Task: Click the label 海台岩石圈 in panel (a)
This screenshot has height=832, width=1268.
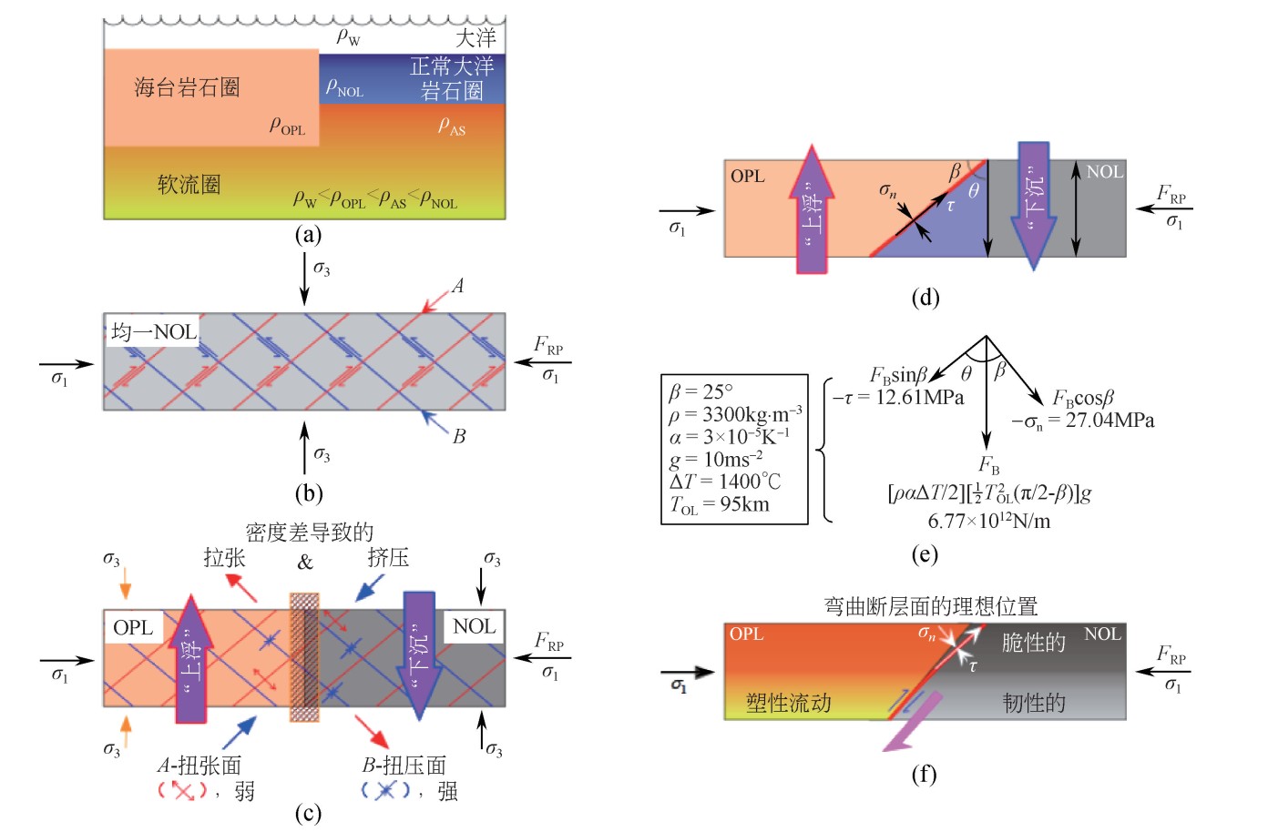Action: point(187,87)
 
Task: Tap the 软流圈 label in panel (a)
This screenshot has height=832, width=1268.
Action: point(189,185)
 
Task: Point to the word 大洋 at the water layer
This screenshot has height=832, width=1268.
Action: point(475,37)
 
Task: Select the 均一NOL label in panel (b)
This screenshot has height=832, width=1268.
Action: point(154,331)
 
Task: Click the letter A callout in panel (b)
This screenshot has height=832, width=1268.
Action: point(457,286)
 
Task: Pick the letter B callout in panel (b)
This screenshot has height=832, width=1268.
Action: point(459,436)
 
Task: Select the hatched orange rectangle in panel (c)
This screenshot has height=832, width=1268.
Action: point(304,657)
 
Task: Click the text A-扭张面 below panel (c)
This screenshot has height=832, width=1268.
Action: point(199,766)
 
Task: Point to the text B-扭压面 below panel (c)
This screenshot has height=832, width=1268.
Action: point(404,766)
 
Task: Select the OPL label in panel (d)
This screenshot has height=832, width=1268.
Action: point(747,176)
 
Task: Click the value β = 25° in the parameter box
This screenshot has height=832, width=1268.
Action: point(700,391)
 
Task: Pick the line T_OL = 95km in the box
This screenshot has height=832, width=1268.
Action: point(720,505)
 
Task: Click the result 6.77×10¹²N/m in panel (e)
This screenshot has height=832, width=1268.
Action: point(988,522)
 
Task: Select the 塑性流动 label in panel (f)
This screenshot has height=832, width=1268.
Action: point(788,702)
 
